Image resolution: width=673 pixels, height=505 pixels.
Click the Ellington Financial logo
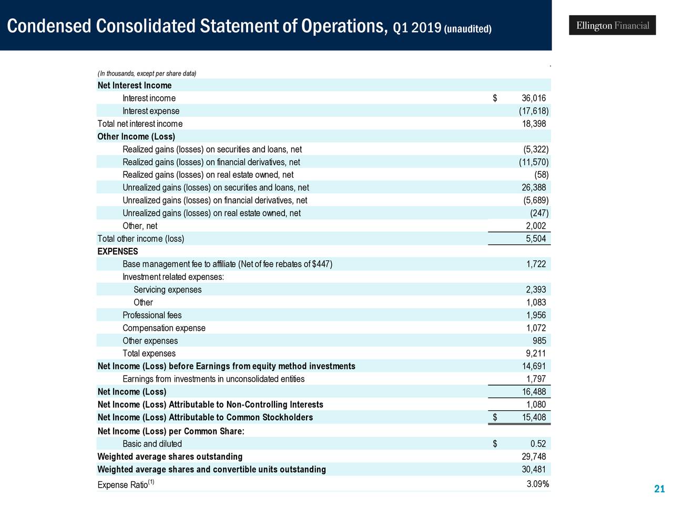pyautogui.click(x=612, y=25)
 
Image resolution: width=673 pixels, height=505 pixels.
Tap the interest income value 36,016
pyautogui.click(x=533, y=98)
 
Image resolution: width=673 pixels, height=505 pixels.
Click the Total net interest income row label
pyautogui.click(x=140, y=124)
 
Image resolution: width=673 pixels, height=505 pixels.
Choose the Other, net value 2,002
pyautogui.click(x=536, y=226)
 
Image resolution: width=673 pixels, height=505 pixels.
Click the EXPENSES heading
pyautogui.click(x=118, y=251)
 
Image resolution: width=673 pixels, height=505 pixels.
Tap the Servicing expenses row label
pyautogui.click(x=167, y=290)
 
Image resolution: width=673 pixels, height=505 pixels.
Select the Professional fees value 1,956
pyautogui.click(x=536, y=316)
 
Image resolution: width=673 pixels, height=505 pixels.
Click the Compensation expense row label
pyautogui.click(x=164, y=328)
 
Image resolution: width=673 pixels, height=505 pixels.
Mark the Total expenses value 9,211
pyautogui.click(x=536, y=353)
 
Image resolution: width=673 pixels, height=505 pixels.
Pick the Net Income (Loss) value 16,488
pyautogui.click(x=533, y=392)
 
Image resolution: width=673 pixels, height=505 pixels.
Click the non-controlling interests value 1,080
pyautogui.click(x=536, y=405)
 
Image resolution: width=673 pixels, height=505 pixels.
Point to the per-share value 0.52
pyautogui.click(x=538, y=444)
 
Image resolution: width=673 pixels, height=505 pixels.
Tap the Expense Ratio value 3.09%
pyautogui.click(x=537, y=484)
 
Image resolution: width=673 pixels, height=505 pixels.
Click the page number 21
pyautogui.click(x=659, y=490)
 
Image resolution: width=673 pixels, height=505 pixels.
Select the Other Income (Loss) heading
pyautogui.click(x=136, y=137)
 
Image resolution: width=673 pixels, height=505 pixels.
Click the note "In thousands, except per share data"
pyautogui.click(x=147, y=74)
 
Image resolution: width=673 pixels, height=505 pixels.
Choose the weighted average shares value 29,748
pyautogui.click(x=533, y=457)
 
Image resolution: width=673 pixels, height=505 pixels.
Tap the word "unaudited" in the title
pyautogui.click(x=467, y=28)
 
